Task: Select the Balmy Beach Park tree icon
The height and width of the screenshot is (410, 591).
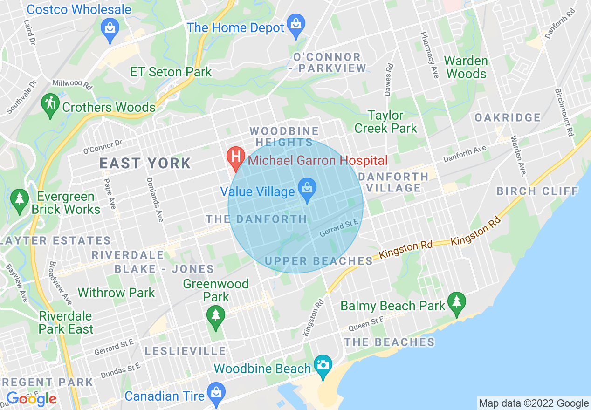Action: tap(457, 302)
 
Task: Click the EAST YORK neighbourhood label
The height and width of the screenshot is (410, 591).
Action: tap(145, 163)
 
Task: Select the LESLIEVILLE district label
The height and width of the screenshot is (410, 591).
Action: tap(185, 351)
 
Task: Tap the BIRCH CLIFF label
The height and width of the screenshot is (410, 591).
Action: tap(537, 191)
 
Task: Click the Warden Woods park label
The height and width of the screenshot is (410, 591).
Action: tap(466, 67)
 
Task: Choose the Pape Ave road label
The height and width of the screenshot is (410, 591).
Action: tap(110, 193)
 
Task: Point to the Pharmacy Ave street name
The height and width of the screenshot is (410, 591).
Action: tap(429, 55)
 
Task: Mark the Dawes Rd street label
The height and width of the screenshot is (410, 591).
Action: tap(388, 79)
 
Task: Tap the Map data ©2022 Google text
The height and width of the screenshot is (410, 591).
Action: tap(534, 403)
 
